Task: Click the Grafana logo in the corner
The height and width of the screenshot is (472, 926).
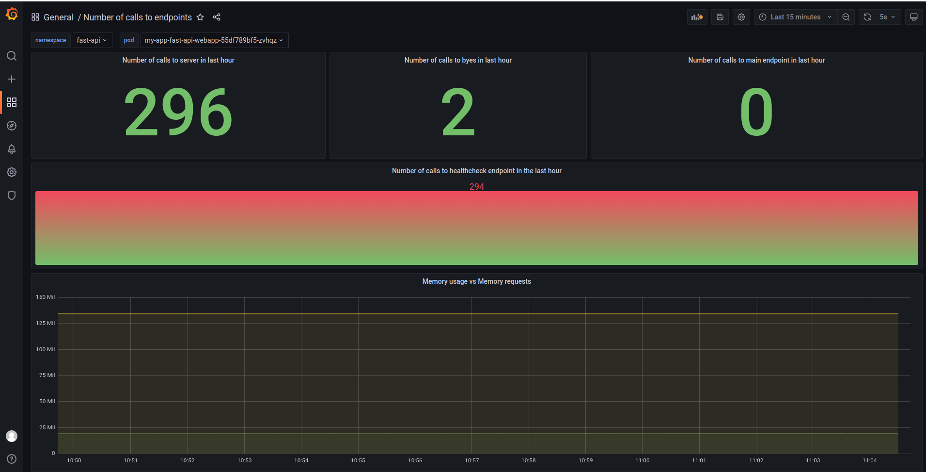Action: click(12, 14)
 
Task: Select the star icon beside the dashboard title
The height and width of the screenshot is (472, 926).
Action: click(200, 17)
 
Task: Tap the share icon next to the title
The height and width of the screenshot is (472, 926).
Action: click(217, 17)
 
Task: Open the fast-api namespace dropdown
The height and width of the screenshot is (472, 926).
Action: click(92, 40)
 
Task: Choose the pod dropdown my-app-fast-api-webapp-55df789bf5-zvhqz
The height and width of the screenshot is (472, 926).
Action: click(214, 40)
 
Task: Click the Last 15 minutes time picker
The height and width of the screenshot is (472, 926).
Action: click(795, 17)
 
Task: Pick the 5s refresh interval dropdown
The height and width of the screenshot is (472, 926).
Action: click(887, 17)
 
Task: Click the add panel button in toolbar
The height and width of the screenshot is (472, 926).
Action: click(697, 17)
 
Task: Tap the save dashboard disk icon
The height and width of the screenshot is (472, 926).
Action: click(720, 17)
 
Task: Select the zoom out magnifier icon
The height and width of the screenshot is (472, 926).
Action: click(846, 17)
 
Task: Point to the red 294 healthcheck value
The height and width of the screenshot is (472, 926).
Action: click(476, 187)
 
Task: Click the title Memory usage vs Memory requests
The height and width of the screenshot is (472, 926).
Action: click(476, 281)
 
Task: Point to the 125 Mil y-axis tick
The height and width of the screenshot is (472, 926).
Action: click(46, 323)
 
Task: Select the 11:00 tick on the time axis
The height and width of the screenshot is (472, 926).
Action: click(642, 460)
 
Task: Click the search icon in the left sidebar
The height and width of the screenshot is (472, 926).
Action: click(12, 56)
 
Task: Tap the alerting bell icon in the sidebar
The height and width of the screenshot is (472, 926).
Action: click(12, 149)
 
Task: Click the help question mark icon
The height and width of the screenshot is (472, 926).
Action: click(12, 459)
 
